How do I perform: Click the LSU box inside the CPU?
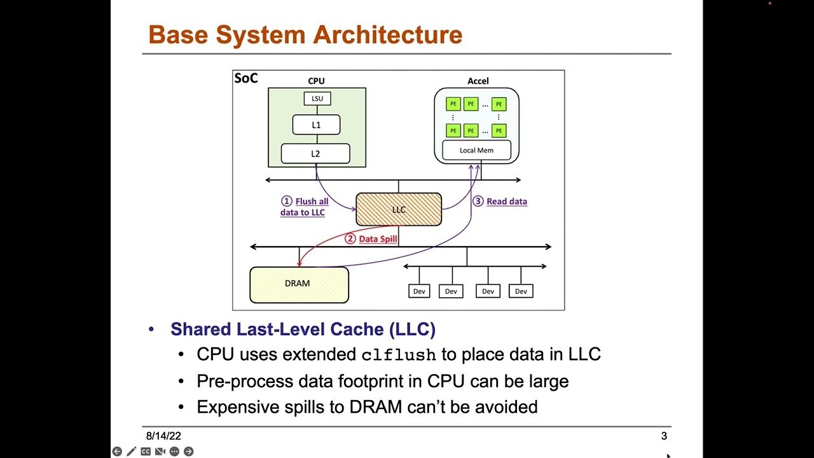(317, 99)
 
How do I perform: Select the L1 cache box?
(316, 125)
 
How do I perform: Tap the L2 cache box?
(315, 153)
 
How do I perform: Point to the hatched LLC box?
(399, 209)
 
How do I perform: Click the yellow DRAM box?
(299, 284)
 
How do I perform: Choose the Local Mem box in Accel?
(476, 151)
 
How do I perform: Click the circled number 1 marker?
(287, 201)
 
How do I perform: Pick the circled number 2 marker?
(350, 239)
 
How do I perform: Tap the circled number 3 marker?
(478, 201)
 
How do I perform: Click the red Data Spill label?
(378, 239)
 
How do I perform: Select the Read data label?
(507, 201)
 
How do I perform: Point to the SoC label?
(246, 78)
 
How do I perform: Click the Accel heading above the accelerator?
(478, 81)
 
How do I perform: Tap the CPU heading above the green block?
(316, 81)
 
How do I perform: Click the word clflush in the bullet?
(399, 354)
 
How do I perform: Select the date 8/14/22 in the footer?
(163, 436)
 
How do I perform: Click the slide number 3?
(664, 436)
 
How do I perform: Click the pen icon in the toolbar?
(131, 452)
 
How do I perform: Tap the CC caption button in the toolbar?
(146, 452)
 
